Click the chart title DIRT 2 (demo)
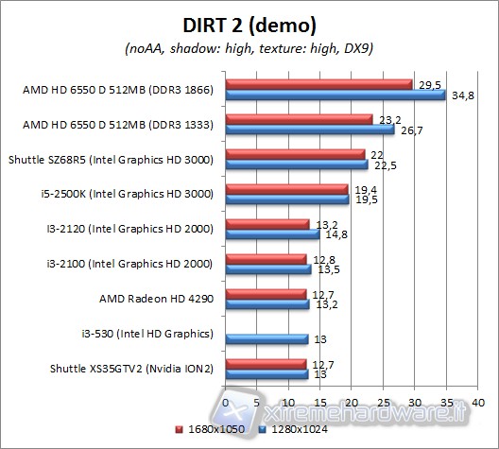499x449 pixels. click(249, 25)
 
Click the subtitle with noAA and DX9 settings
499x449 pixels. click(249, 49)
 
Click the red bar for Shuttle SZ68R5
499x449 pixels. click(294, 153)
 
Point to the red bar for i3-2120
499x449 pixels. click(267, 223)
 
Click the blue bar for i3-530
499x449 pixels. click(267, 338)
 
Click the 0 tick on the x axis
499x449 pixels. click(225, 401)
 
